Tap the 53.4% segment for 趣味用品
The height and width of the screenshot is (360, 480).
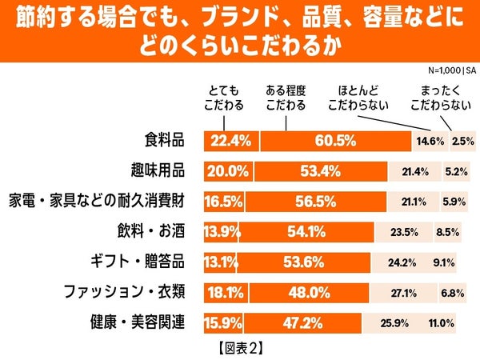319,170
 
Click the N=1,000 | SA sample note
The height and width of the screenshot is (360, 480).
451,70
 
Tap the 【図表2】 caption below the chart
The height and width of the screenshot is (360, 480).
240,348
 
